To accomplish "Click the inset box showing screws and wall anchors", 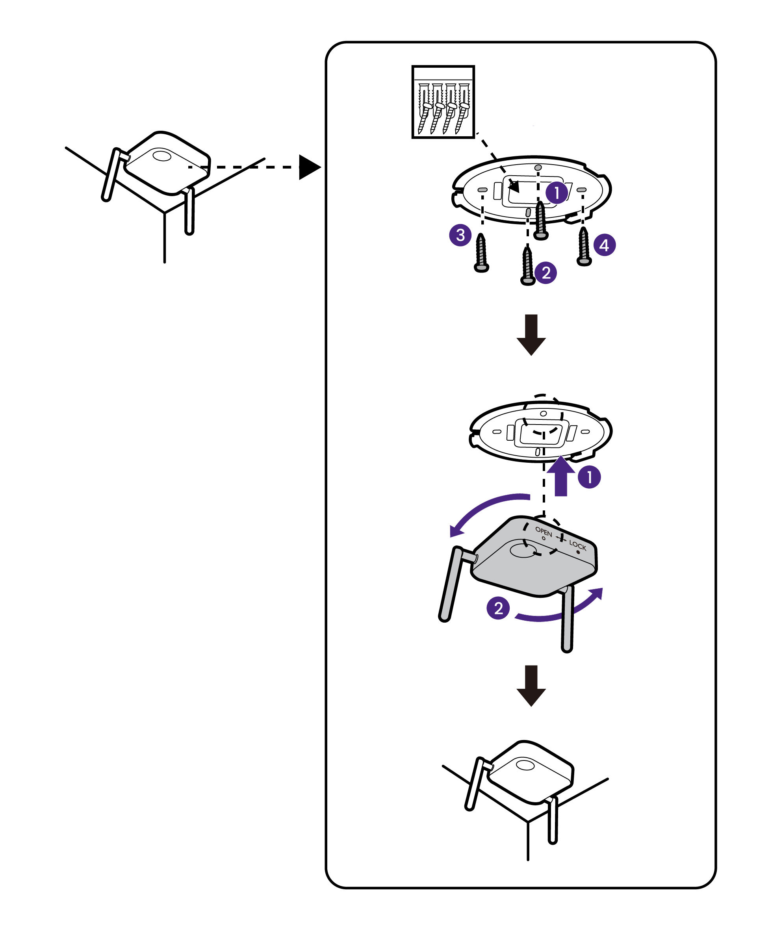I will [443, 102].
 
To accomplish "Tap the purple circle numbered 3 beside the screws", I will [460, 236].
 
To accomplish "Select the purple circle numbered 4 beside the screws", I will [604, 245].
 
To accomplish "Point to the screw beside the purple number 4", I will [584, 247].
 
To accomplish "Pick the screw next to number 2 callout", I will [528, 266].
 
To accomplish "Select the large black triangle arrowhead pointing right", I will [309, 167].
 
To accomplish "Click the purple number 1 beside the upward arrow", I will [589, 477].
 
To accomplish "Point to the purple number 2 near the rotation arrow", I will [498, 608].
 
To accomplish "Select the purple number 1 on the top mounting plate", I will [557, 193].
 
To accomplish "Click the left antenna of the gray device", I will [451, 584].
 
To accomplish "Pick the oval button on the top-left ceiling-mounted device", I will [162, 155].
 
